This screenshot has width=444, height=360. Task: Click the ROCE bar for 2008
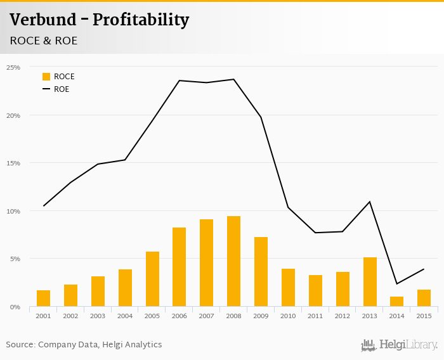(233, 261)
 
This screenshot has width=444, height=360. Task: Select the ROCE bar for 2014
(396, 302)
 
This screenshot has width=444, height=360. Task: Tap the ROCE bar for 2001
(44, 299)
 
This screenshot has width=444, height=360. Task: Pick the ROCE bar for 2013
(370, 282)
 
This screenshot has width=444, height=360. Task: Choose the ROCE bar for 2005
(152, 279)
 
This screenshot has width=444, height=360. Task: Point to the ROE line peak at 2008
(233, 79)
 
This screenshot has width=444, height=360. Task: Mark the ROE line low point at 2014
(396, 283)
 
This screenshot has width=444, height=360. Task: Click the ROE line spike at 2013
(370, 202)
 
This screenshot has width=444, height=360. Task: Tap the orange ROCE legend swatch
(46, 77)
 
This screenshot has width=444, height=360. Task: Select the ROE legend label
(62, 89)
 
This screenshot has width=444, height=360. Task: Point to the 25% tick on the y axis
(13, 67)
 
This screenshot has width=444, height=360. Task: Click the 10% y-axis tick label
(13, 211)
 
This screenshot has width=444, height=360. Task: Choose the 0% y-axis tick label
(15, 307)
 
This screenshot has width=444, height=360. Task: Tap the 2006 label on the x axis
(179, 316)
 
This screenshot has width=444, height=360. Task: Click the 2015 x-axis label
(424, 316)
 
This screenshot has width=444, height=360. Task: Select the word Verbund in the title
(42, 20)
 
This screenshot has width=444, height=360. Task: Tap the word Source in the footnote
(20, 345)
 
